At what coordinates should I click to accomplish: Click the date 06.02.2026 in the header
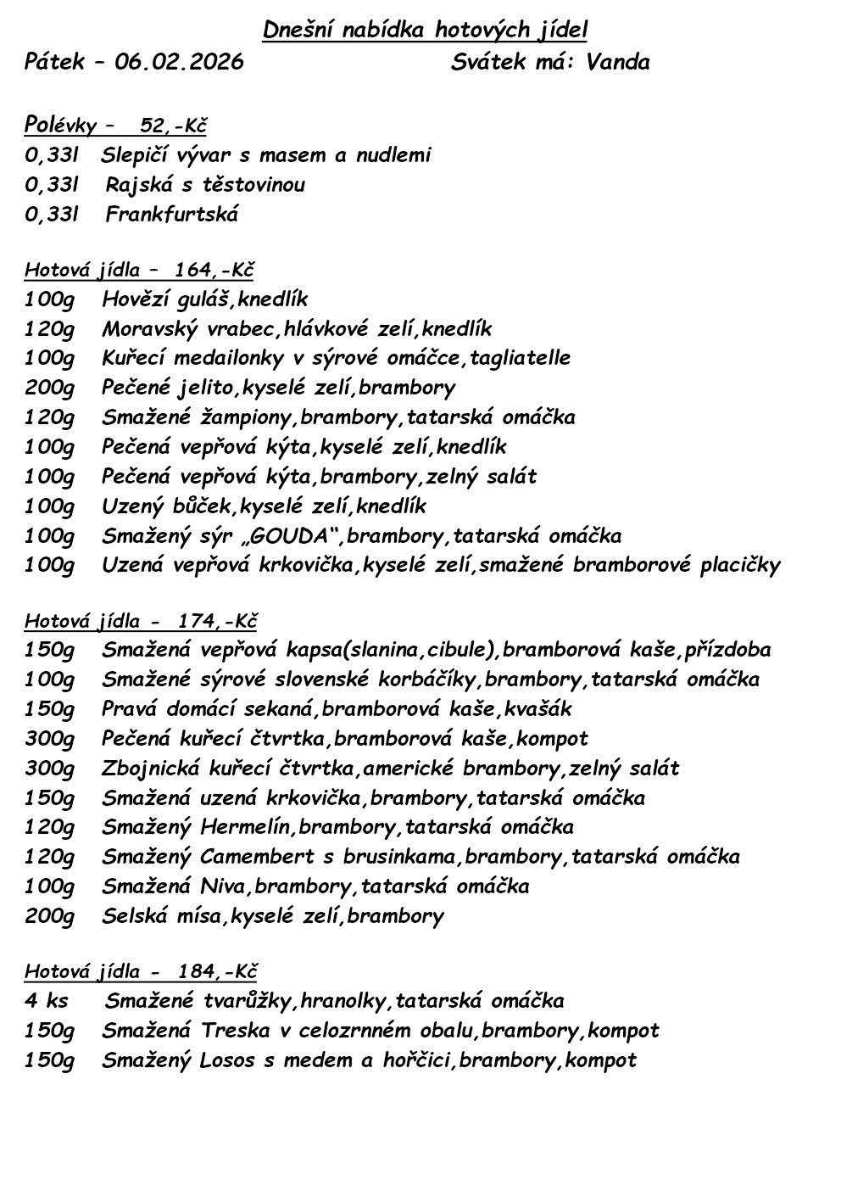[179, 62]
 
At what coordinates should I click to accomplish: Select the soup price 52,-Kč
[173, 126]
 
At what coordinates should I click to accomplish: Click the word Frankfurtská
[172, 214]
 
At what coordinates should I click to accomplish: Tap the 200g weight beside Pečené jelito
[49, 388]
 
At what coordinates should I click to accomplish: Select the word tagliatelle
[521, 357]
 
